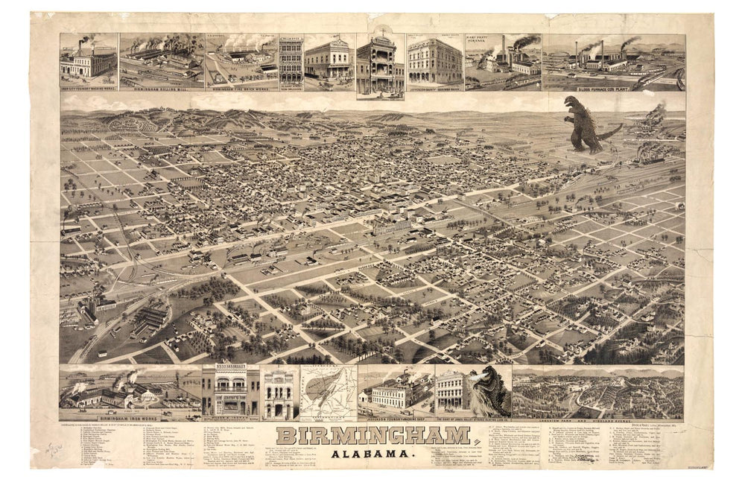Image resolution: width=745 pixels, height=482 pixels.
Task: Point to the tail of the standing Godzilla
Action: point(611,134)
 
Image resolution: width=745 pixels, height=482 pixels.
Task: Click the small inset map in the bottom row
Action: point(328,391)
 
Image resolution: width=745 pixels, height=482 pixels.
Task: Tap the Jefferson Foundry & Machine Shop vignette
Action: point(395,391)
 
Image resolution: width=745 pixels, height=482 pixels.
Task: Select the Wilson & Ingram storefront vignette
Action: point(231,391)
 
